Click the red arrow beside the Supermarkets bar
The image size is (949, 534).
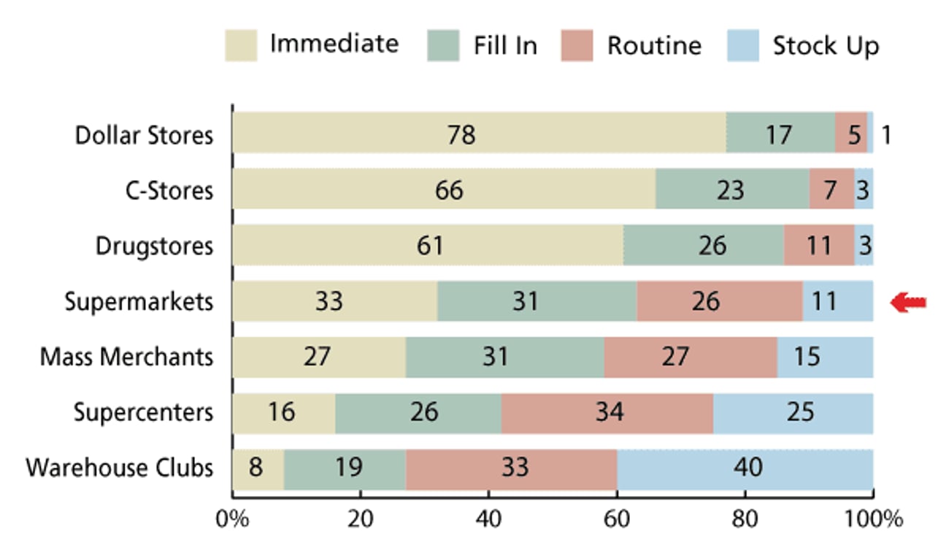(x=908, y=302)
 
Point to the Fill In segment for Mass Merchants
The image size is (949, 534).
(x=504, y=357)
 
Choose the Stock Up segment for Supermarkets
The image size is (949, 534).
(x=837, y=301)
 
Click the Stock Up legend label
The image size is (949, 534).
(x=826, y=46)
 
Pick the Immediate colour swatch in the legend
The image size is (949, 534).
(x=241, y=46)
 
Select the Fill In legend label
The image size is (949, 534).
(x=504, y=46)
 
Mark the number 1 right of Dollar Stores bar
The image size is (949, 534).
(x=885, y=135)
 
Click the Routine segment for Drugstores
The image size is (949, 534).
(x=818, y=245)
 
